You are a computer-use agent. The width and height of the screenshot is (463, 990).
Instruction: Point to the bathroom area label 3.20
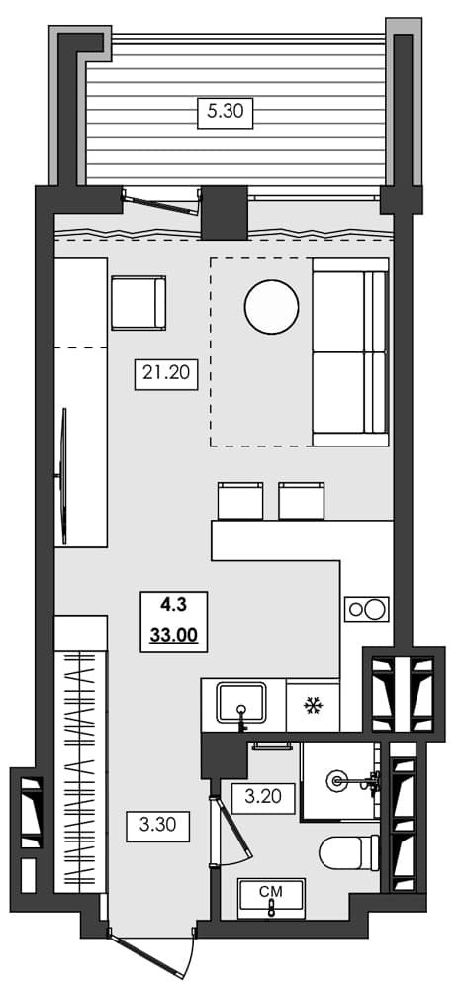click(x=263, y=796)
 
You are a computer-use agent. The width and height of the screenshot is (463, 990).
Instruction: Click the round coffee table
click(x=271, y=308)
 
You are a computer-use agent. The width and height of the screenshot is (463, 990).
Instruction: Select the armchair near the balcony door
click(x=139, y=303)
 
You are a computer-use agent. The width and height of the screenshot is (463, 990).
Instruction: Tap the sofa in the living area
click(x=349, y=350)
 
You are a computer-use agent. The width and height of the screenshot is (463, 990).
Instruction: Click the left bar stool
click(x=240, y=501)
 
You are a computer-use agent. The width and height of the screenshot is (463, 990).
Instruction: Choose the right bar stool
click(x=302, y=501)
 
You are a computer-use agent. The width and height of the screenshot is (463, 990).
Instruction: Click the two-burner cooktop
click(x=366, y=609)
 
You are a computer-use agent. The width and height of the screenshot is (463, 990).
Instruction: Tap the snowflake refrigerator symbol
click(x=313, y=706)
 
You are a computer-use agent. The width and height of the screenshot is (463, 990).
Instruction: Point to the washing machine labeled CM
click(x=271, y=898)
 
